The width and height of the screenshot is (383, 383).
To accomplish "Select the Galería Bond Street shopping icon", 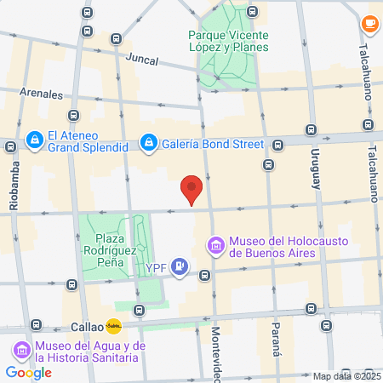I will (148, 140).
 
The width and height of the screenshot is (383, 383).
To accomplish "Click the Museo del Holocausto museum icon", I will (216, 247).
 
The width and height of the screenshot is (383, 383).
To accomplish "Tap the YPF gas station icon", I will (180, 267).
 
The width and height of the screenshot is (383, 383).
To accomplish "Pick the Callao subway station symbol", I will (113, 325).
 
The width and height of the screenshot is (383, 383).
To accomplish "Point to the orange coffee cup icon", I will (369, 23).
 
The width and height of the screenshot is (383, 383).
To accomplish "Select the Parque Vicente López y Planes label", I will (228, 42).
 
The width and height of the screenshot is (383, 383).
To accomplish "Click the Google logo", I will (28, 372).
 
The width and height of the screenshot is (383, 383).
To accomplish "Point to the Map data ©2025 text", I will (346, 376).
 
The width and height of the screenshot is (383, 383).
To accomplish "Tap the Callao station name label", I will (85, 326).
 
